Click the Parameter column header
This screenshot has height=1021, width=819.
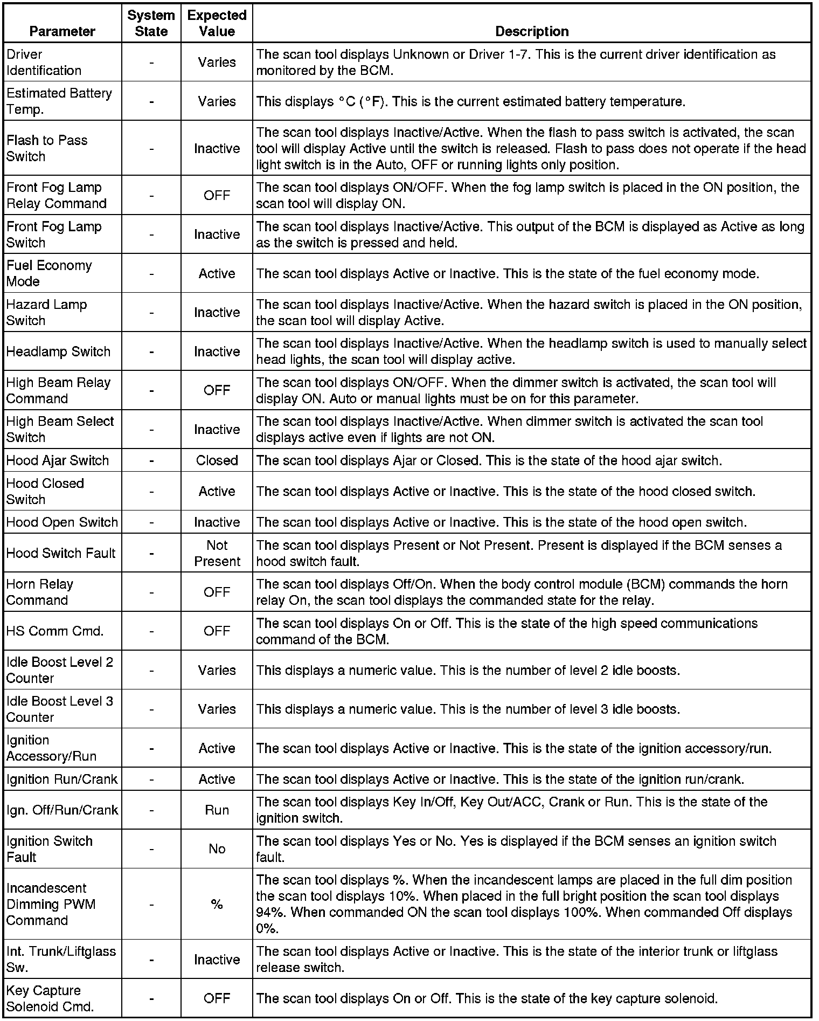click(x=62, y=31)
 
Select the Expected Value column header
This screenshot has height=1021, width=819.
click(x=217, y=23)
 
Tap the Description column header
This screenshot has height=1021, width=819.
click(x=531, y=31)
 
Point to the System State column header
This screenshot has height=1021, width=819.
click(x=151, y=23)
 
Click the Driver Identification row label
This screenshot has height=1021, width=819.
click(x=44, y=62)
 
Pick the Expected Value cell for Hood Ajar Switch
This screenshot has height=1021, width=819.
click(x=217, y=460)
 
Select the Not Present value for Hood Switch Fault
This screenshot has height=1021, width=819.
click(x=217, y=553)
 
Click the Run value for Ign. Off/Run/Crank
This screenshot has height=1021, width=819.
click(x=217, y=810)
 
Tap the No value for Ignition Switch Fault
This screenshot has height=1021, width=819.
click(x=217, y=849)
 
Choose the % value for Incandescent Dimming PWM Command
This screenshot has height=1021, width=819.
click(x=217, y=904)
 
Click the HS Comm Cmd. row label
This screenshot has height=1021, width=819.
click(x=55, y=631)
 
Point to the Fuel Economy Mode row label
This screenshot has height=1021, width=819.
click(x=49, y=273)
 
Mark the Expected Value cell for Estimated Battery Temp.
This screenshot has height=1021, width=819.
click(x=217, y=101)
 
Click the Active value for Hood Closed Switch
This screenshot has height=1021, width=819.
click(x=217, y=491)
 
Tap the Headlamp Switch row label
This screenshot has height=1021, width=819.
click(x=58, y=351)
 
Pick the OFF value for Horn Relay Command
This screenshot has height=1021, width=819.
click(x=217, y=592)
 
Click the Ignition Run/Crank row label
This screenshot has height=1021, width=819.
click(x=62, y=779)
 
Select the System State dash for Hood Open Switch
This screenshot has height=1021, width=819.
click(x=151, y=522)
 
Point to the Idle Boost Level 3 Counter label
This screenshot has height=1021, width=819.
click(x=59, y=709)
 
